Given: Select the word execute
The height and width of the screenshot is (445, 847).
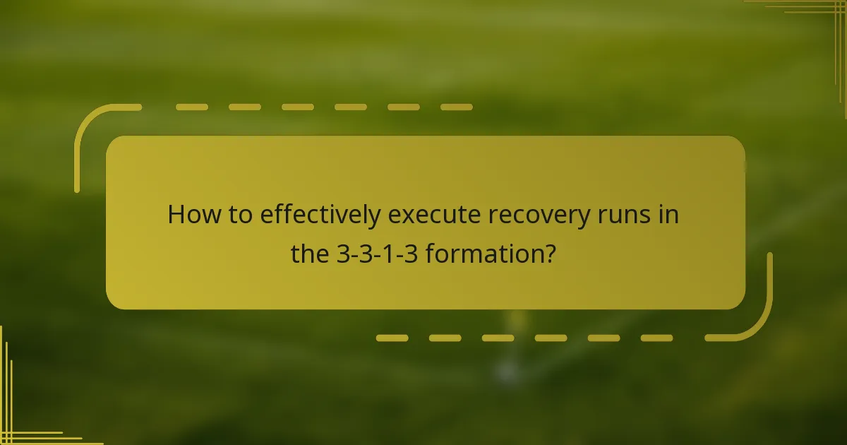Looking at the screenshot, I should click(433, 215).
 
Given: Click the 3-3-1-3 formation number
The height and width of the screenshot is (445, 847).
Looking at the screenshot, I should click(377, 254).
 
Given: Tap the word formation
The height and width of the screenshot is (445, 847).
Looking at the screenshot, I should click(480, 254).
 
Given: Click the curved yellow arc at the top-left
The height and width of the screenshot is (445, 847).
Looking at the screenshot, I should click(92, 127).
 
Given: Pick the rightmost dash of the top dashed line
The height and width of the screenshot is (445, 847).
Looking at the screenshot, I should click(456, 107).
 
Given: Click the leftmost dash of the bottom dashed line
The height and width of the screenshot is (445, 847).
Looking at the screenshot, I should click(392, 338).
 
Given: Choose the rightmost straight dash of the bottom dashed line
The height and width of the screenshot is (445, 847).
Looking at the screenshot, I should click(656, 338).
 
